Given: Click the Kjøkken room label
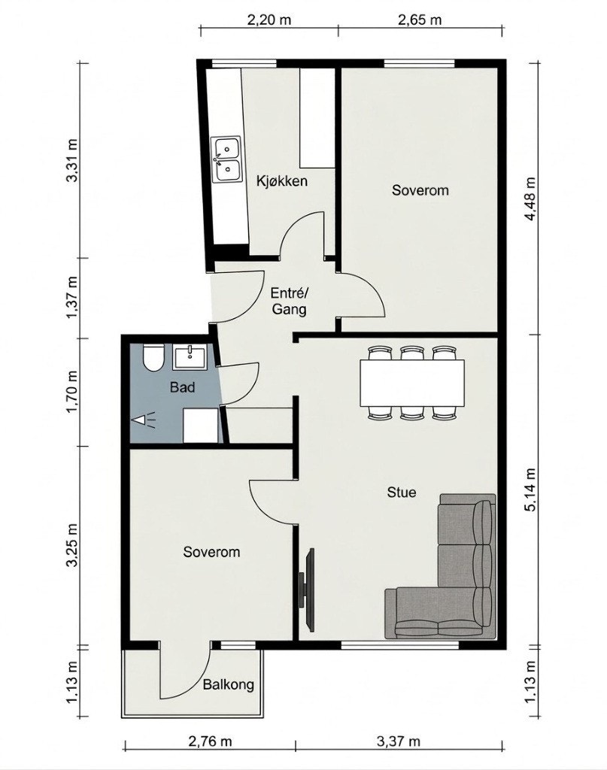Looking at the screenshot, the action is tap(282, 181).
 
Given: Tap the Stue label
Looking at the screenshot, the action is tap(401, 492).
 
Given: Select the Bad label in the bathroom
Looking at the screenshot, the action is tap(182, 387).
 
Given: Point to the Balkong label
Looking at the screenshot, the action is tap(229, 684).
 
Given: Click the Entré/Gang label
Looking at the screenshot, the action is tap(290, 302).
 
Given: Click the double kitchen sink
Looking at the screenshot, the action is tap(226, 159).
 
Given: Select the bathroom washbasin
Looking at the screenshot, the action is tap(190, 357).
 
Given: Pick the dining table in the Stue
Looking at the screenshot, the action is tap(412, 383).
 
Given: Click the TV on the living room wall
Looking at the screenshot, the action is tap(307, 590).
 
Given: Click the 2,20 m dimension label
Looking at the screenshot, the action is tap(269, 20).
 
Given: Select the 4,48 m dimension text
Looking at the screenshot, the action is tap(531, 199).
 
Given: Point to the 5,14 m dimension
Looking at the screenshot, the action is tap(531, 490).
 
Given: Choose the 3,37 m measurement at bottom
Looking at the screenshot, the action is tap(399, 741).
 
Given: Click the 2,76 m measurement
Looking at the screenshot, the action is tap(210, 741).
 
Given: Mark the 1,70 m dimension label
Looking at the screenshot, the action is tap(72, 393).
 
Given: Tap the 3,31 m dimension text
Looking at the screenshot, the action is tap(72, 161).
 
